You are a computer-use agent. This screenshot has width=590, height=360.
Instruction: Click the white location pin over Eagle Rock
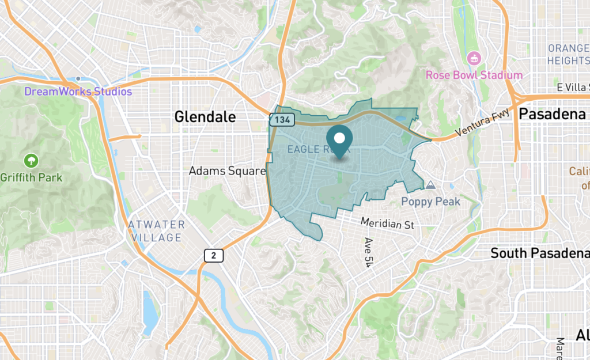pos(340,139)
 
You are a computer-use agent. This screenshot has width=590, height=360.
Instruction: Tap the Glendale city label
pos(205,117)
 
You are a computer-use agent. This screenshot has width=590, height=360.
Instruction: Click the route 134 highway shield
pos(282,120)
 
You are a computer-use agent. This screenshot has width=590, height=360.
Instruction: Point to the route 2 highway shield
pos(213,255)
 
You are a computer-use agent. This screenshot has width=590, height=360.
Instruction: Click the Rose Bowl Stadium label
pos(474,75)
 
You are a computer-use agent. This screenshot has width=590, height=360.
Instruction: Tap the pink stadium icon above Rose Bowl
pos(474,58)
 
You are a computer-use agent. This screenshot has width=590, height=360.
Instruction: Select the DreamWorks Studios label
pos(78,92)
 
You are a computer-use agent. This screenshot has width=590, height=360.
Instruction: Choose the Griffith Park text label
pos(31,177)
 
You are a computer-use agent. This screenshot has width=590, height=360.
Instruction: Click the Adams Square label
pos(228,171)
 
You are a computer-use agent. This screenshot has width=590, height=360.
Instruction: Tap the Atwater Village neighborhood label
pos(157,230)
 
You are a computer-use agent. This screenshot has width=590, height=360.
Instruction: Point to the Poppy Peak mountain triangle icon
pos(430,185)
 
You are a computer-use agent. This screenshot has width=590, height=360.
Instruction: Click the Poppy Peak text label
pos(431,202)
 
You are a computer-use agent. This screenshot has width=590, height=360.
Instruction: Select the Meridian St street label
pos(387,223)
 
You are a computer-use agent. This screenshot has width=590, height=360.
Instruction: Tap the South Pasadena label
pos(539,253)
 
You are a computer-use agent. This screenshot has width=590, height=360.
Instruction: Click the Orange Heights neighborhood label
pos(568,54)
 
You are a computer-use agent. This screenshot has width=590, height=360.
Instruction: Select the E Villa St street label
pos(574,87)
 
